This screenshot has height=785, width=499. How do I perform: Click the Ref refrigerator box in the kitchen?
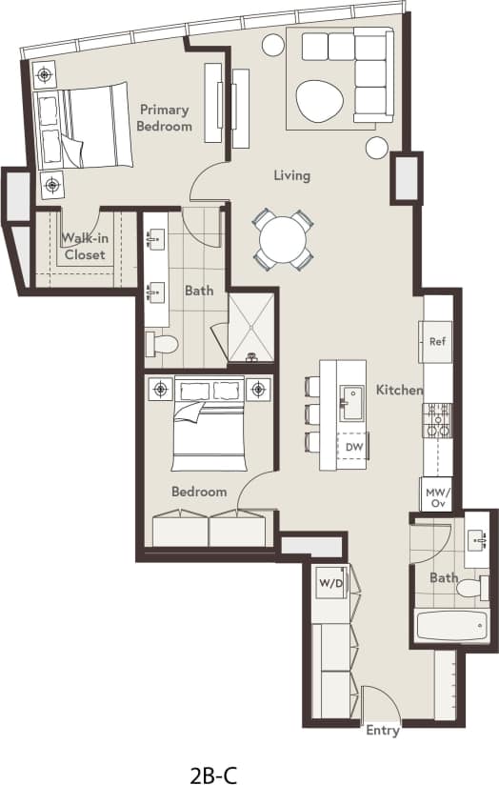point(438,341)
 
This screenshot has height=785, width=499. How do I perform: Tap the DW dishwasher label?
point(354,447)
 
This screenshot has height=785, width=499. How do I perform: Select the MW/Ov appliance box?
point(437,495)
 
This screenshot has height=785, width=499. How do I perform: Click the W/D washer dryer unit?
point(330,583)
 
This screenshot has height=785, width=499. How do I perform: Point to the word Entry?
point(383,732)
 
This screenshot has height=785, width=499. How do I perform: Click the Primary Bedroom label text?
point(164,118)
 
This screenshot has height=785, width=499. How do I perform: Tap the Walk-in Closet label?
point(85,247)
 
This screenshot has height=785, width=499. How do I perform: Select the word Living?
point(291,175)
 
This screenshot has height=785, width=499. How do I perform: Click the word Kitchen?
point(399,390)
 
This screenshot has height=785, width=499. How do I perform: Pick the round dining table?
point(283,239)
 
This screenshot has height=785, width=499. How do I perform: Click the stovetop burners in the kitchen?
point(437,420)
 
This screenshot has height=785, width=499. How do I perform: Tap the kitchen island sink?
point(351,402)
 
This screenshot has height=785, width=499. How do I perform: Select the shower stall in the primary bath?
point(251,325)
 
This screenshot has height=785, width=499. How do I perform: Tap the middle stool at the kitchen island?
point(312,413)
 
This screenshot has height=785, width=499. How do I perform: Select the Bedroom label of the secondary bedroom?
point(199,492)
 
